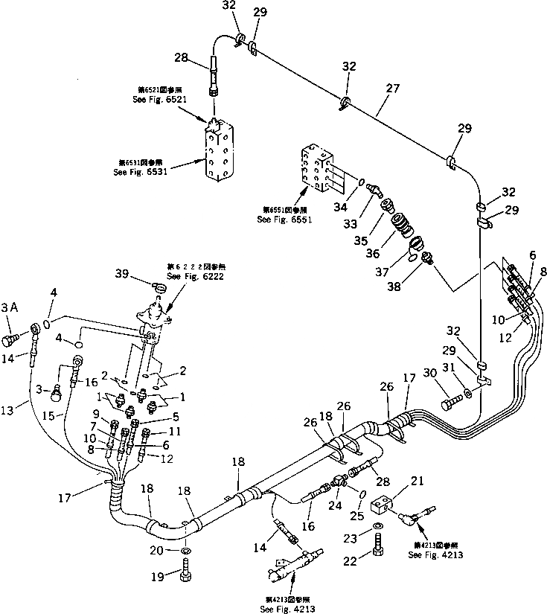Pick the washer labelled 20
pos(185,551)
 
